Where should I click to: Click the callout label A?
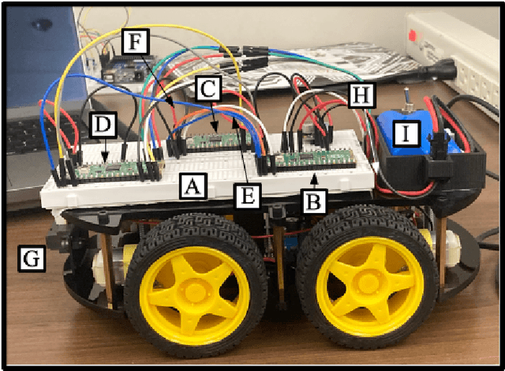click(189, 186)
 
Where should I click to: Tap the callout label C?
click(207, 90)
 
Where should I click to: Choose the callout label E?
click(247, 196)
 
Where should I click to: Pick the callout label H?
click(361, 96)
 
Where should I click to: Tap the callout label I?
click(406, 134)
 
